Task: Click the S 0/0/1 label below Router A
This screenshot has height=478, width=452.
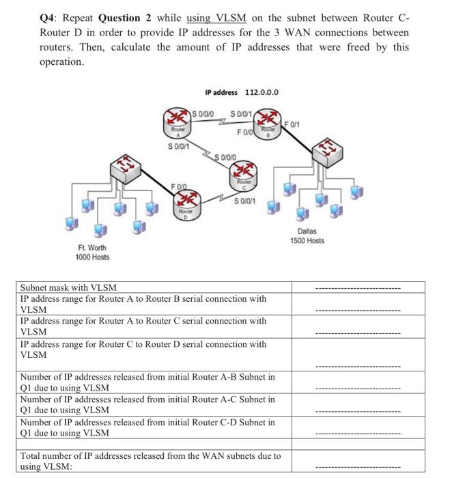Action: (x=179, y=145)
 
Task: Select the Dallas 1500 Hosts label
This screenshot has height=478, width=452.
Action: (x=307, y=236)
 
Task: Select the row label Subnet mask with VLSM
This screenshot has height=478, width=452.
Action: (x=68, y=287)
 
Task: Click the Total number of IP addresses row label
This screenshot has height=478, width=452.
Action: (x=150, y=461)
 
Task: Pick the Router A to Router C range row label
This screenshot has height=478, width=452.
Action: (x=143, y=326)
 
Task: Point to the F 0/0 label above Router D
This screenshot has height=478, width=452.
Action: (x=180, y=186)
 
